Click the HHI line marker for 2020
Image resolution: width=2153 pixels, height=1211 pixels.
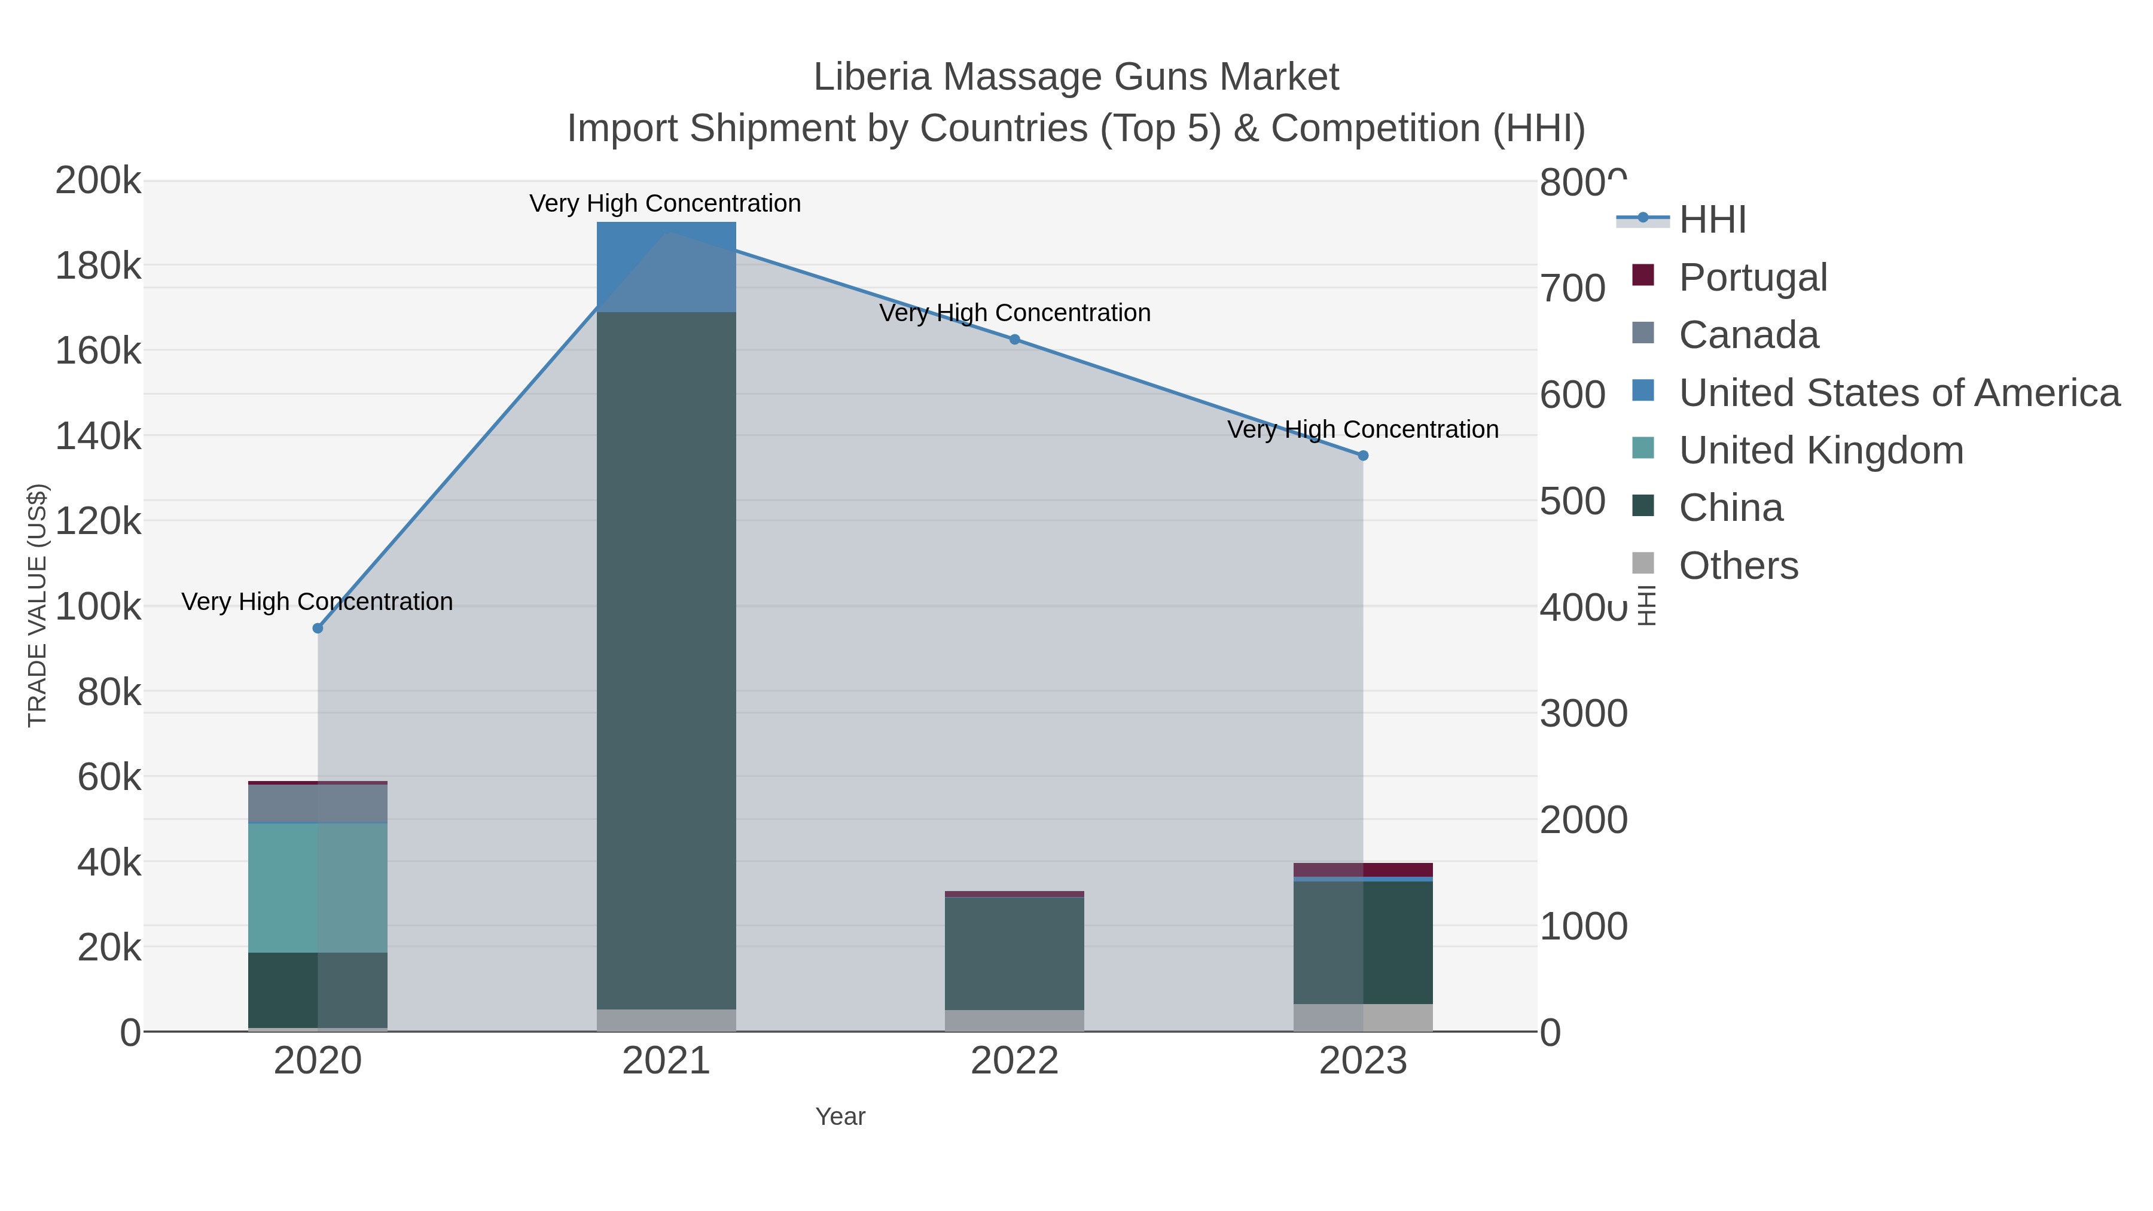[x=318, y=629]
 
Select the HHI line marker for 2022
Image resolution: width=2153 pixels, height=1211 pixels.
[x=1015, y=339]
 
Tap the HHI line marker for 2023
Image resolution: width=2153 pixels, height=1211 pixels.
[x=1363, y=456]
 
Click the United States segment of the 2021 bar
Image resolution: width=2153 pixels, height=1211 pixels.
[x=666, y=267]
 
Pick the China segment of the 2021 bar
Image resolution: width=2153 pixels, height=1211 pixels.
[x=666, y=660]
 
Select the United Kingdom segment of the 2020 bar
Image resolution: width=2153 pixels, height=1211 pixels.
[x=318, y=887]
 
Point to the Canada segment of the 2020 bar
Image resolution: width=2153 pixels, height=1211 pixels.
[x=318, y=803]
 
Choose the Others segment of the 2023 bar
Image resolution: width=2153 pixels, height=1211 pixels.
[x=1363, y=1017]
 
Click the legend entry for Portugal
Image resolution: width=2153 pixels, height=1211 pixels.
[x=1753, y=277]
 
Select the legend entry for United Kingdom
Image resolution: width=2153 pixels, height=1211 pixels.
[x=1820, y=450]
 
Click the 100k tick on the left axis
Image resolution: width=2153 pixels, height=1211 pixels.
[x=98, y=607]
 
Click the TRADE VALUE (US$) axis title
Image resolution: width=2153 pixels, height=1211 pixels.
[x=38, y=605]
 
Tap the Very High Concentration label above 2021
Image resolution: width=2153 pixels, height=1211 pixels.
[x=665, y=204]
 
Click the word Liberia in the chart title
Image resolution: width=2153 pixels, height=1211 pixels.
[x=872, y=78]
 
